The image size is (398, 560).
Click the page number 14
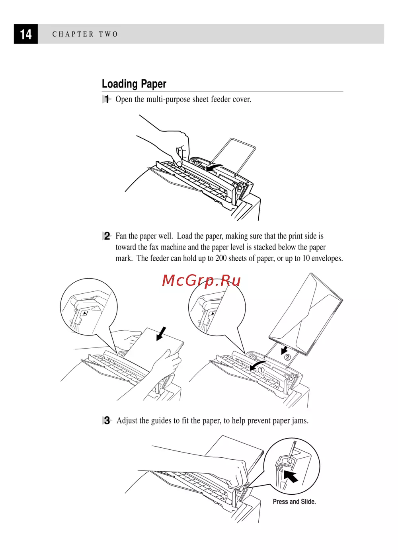point(26,34)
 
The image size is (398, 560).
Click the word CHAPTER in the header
point(73,34)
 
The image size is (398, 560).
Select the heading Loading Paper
point(134,84)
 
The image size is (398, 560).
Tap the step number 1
point(107,99)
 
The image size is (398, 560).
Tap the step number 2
point(107,236)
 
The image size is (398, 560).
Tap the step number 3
point(107,421)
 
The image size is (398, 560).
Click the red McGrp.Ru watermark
point(201,281)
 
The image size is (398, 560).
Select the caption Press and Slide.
point(294,502)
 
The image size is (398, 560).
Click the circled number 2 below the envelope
point(287,357)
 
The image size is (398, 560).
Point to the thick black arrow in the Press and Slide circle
point(292,476)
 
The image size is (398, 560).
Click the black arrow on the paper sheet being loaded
point(161,334)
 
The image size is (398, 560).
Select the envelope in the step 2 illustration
point(306,314)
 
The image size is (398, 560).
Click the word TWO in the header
point(108,34)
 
